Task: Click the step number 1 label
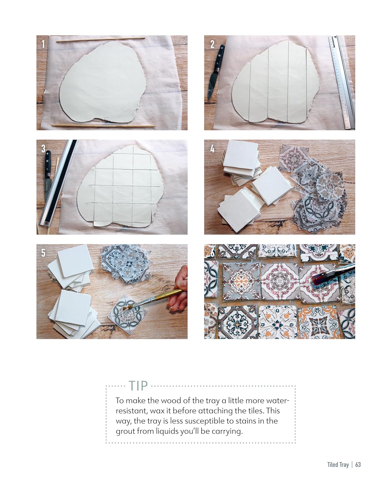43,44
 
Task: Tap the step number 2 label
212,44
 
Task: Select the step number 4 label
212,149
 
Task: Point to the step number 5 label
43,253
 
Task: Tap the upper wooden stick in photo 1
100,39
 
